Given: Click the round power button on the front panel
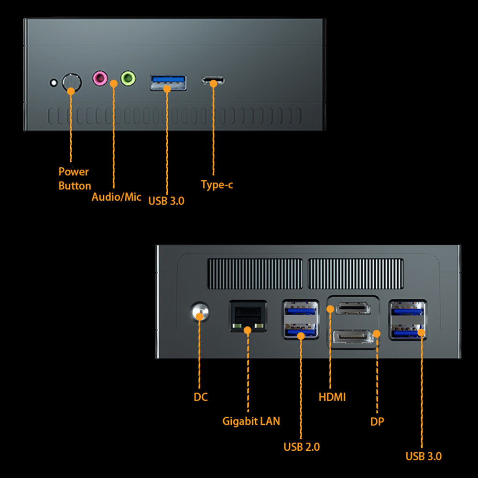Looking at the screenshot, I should tap(71, 82).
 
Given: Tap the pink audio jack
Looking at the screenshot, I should tap(100, 78).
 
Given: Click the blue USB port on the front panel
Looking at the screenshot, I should tap(168, 82).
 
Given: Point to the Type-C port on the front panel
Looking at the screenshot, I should tap(213, 81).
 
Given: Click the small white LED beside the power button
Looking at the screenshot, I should tap(54, 83).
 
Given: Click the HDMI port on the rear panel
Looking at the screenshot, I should tap(353, 308).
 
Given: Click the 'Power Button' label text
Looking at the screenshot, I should tap(74, 178).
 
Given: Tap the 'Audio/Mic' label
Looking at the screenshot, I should tap(116, 196).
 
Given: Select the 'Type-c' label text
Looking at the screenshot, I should tap(217, 185).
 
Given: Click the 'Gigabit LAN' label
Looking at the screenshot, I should tap(251, 421).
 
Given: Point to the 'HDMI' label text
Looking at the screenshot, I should tap(332, 397).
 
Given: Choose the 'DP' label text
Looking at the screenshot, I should tap(377, 422).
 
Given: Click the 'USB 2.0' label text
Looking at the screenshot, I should tap(302, 447).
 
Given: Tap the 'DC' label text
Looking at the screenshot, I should tap(201, 397).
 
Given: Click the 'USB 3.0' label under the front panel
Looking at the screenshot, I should tap(166, 201).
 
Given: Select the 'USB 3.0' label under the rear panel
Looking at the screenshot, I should tap(424, 456).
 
